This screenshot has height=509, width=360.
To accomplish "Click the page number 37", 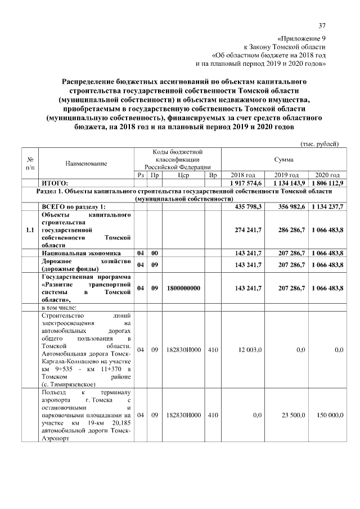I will pos(322,25).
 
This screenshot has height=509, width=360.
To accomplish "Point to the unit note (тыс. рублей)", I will pos(319,144).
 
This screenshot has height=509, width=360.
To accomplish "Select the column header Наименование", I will pos(86,163).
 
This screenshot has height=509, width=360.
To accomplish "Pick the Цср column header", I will pos(183,175).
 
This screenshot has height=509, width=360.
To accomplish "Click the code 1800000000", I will pos(183,287).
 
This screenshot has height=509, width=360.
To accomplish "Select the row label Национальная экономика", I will pos(78,254).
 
